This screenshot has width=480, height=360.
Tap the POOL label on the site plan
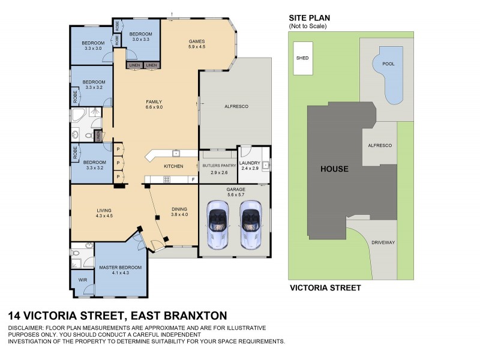[388, 63]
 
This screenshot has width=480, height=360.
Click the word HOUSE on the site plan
[334, 169]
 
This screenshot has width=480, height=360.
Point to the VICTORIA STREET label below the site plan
[325, 288]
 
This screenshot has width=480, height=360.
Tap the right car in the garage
[251, 224]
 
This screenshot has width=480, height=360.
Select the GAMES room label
[197, 40]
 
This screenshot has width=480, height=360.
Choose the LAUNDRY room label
[249, 163]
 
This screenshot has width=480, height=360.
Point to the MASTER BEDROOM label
[120, 267]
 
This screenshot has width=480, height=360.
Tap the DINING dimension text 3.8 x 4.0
[179, 215]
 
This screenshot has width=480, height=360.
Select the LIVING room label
[104, 209]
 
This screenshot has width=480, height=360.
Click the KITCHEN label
[173, 166]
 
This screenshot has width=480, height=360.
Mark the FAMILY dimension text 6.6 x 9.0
[154, 107]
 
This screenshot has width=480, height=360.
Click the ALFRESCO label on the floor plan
[236, 106]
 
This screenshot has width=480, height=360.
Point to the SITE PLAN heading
[310, 19]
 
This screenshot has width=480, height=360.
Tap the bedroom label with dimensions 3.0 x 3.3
[139, 34]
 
